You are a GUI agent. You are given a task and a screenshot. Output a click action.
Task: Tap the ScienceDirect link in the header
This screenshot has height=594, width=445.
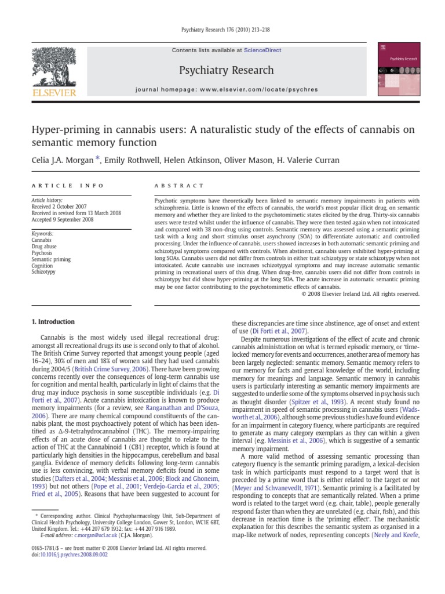click(x=262, y=50)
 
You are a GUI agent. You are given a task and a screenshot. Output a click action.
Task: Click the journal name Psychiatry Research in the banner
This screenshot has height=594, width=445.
click(x=227, y=70)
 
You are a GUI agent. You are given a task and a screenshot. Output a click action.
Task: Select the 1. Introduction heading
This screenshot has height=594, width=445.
click(x=53, y=322)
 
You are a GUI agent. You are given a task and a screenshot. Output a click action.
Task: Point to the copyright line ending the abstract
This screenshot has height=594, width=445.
click(x=360, y=294)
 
